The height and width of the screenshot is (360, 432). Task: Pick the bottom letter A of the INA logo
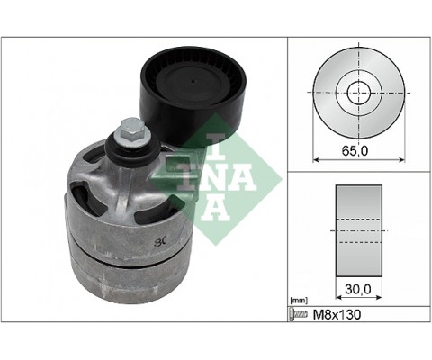[x=216, y=206]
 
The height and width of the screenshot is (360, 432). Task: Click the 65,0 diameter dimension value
[x=357, y=149]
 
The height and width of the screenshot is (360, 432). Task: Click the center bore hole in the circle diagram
[x=358, y=90]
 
